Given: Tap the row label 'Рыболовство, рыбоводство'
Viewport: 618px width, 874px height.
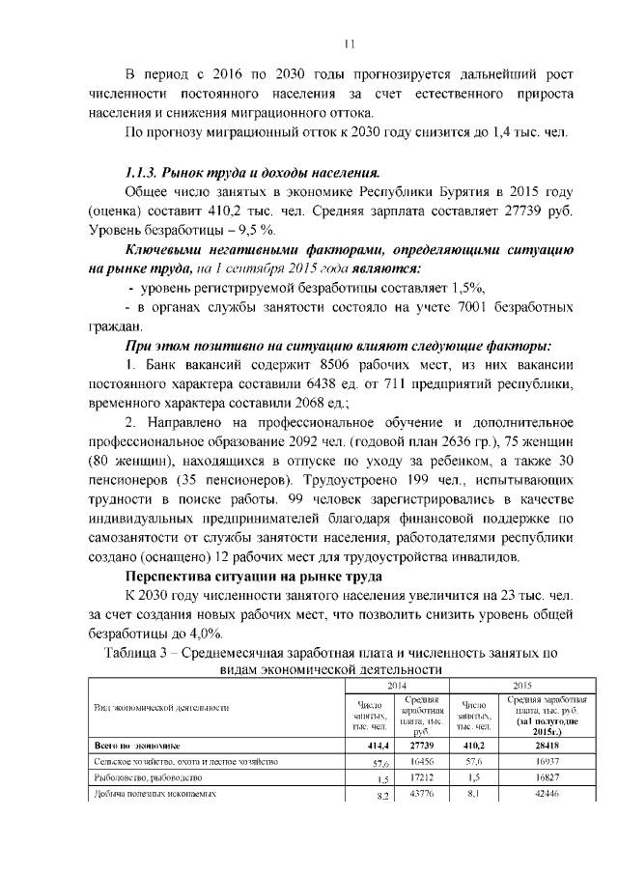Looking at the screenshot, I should (x=150, y=778).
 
